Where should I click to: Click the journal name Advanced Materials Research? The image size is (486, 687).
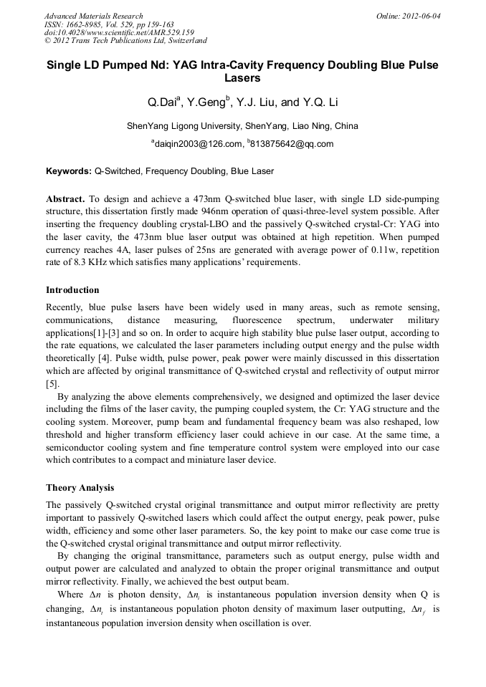(x=93, y=16)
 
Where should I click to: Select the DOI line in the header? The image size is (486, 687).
(x=119, y=32)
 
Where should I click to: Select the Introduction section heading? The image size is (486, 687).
(x=72, y=290)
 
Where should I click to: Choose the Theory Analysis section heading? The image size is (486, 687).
(x=80, y=488)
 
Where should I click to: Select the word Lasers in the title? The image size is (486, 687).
(x=242, y=78)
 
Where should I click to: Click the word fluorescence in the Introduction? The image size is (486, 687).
(x=258, y=321)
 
